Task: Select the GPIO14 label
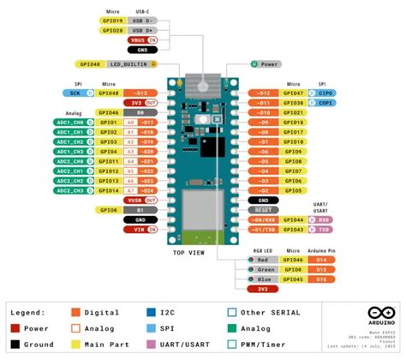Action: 108,190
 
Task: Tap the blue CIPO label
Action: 327,92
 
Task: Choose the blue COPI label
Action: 327,102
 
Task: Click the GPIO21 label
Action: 294,112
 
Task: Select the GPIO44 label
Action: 294,219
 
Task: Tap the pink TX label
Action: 324,229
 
